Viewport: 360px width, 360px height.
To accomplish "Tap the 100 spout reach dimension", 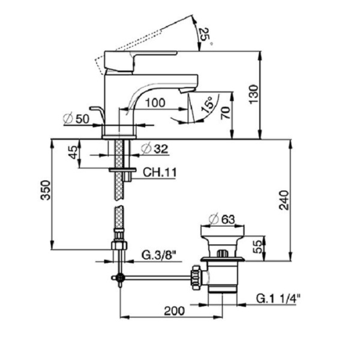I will click(155, 103).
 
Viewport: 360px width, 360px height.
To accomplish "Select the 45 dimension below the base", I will click(73, 153).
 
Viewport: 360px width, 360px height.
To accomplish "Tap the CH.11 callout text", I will click(159, 173).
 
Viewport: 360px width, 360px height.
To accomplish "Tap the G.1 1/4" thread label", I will click(278, 298).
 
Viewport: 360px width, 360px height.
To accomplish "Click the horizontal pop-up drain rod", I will click(156, 278).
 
